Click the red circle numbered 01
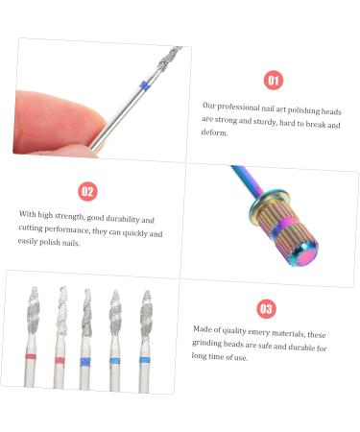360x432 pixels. [x=274, y=82]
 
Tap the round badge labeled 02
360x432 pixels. [x=87, y=191]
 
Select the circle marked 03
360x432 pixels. [x=266, y=308]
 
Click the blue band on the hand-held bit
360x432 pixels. [x=144, y=85]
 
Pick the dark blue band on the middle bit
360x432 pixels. [x=87, y=360]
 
